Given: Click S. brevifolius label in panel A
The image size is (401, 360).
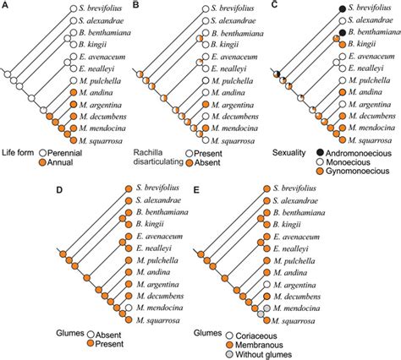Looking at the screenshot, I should click(94, 8).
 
